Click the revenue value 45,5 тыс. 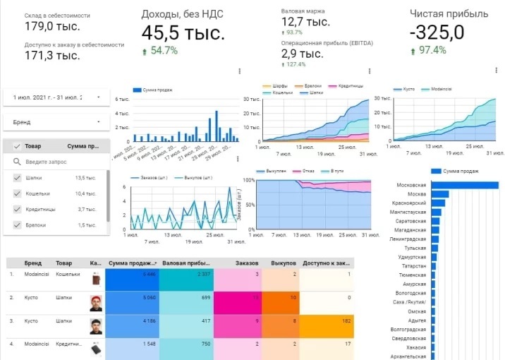pos(183,32)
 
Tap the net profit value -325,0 pos(437,32)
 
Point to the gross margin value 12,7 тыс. pos(305,22)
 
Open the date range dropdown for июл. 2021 pos(98,97)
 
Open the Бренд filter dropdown pos(98,122)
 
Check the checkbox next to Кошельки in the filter pos(17,193)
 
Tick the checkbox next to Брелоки pos(17,224)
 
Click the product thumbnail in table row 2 pos(96,303)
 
